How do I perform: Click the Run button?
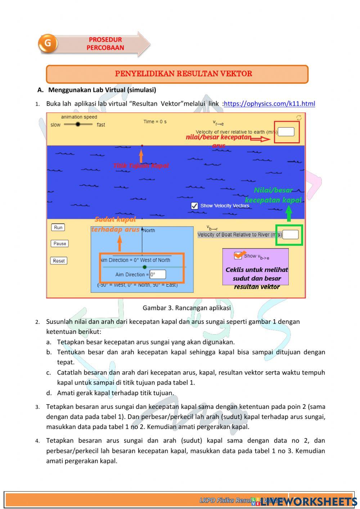pos(58,227)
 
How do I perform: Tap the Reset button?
pos(59,261)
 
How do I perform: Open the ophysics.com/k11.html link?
pos(269,104)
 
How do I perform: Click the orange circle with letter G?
pos(48,44)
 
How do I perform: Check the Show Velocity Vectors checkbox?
pos(194,206)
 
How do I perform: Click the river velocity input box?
pos(286,131)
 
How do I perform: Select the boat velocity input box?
pos(291,235)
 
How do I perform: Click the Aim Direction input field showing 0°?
pos(158,274)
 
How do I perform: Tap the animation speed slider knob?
pos(78,124)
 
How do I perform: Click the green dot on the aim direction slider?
pos(145,267)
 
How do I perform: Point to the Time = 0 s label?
pos(155,122)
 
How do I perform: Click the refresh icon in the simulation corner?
pos(299,118)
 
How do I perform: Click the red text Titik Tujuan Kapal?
pos(141,166)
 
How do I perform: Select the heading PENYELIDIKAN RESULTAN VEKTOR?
pos(183,74)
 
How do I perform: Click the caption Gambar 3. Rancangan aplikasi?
pos(186,308)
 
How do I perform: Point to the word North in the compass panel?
pos(149,231)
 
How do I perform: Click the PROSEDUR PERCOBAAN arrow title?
pos(105,44)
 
